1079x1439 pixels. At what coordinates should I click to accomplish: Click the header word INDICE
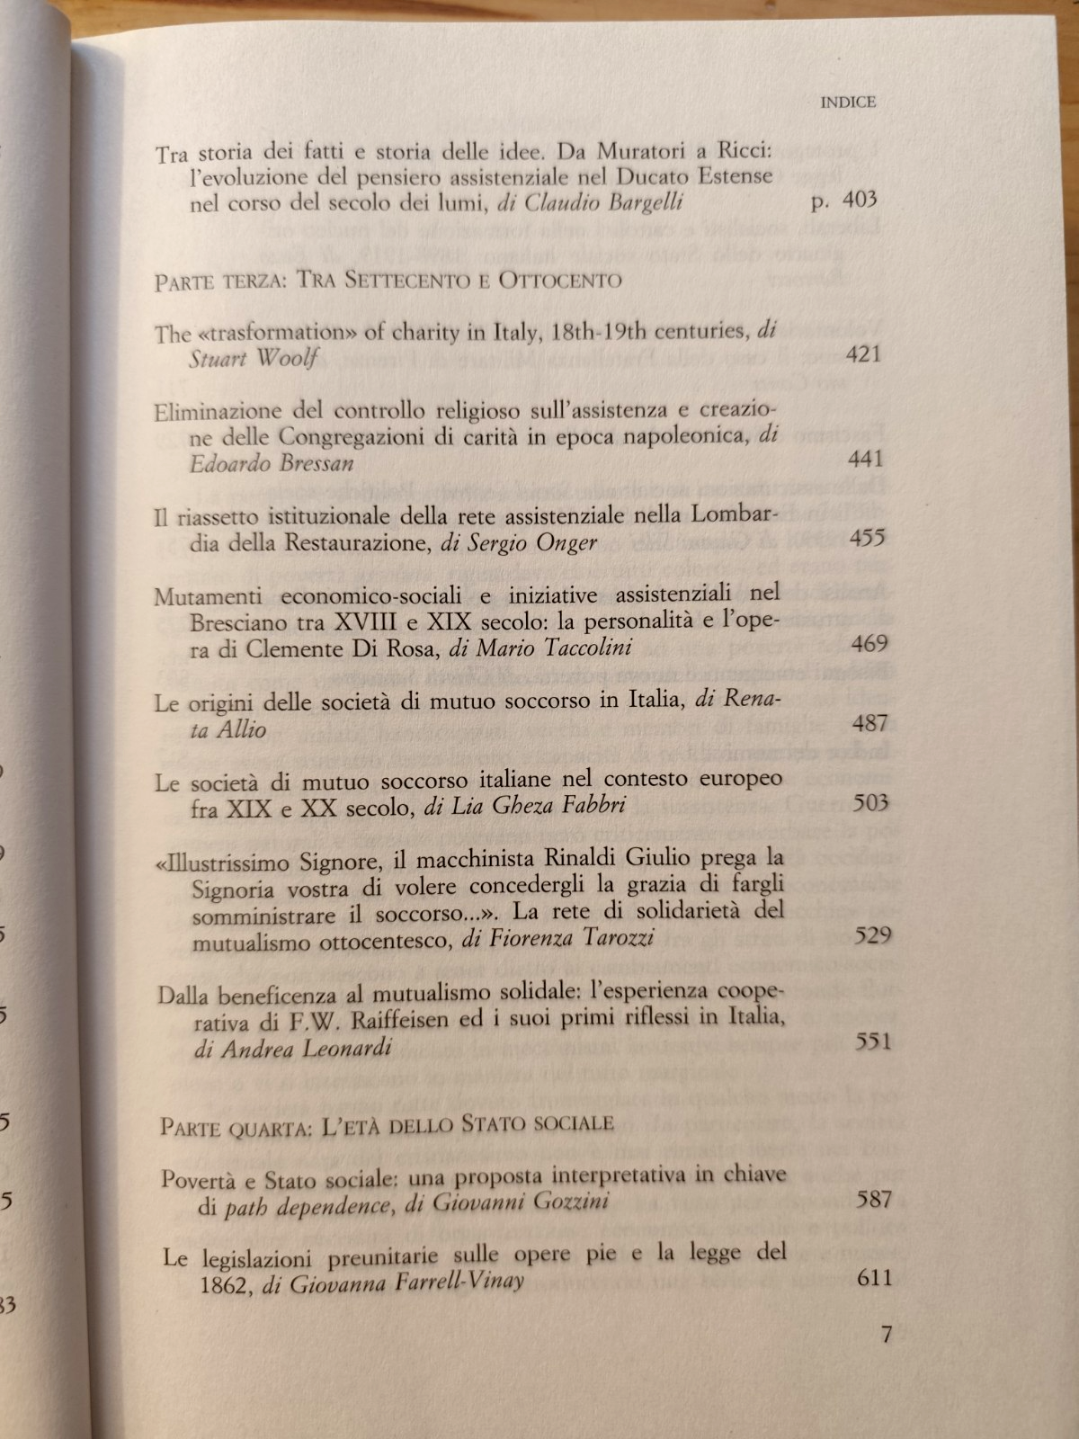click(x=848, y=103)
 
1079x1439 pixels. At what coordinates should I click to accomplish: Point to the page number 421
click(x=863, y=353)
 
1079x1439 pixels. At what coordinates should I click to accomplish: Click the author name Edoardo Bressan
click(x=272, y=463)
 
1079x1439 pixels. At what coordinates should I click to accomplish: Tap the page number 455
click(x=866, y=538)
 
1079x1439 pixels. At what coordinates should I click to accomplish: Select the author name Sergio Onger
click(x=531, y=543)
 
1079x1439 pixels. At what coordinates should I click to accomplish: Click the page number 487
click(x=869, y=722)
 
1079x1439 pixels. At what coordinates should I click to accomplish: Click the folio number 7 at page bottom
click(x=887, y=1334)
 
